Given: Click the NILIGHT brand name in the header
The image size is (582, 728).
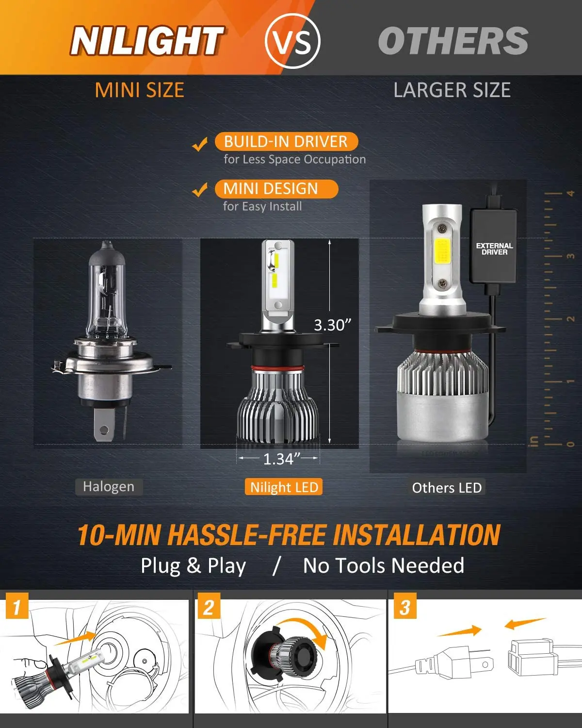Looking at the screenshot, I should coord(146,41).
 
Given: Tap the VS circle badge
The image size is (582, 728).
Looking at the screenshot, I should coord(293,41).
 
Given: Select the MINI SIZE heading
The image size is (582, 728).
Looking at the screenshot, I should coord(139,90).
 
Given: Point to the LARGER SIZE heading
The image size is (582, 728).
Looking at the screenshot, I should coord(452,90).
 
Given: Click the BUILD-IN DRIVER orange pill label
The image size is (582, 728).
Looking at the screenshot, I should coord(286,142).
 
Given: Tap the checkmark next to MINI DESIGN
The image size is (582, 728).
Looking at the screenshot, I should coord(200,190).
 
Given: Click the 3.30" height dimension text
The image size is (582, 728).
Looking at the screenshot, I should coord(332,325).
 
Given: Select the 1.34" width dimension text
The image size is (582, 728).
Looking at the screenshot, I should coord(279,459).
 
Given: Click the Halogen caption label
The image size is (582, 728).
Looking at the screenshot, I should coord(109,487).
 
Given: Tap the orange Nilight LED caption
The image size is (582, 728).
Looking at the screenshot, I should coord(284,487).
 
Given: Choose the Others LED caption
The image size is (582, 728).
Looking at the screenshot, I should coord(446,488).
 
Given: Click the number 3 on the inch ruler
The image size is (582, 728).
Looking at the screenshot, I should coord(570,256).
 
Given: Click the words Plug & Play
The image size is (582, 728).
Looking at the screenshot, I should coord(193,566).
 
